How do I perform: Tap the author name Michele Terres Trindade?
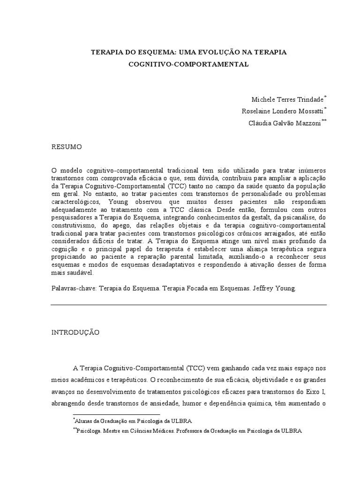coord(287,99)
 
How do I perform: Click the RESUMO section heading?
coord(67,147)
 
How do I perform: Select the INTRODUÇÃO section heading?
coord(75,332)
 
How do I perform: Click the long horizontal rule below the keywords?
coord(188,305)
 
